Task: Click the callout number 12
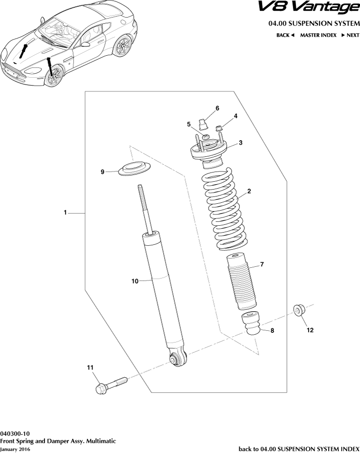point(310,330)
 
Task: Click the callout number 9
point(103,172)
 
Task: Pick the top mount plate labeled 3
point(208,151)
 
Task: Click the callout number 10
point(135,281)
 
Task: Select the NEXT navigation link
point(350,35)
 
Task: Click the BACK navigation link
point(285,35)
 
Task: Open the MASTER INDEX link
point(318,35)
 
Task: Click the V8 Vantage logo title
point(307,8)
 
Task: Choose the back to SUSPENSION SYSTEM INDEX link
point(298,448)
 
